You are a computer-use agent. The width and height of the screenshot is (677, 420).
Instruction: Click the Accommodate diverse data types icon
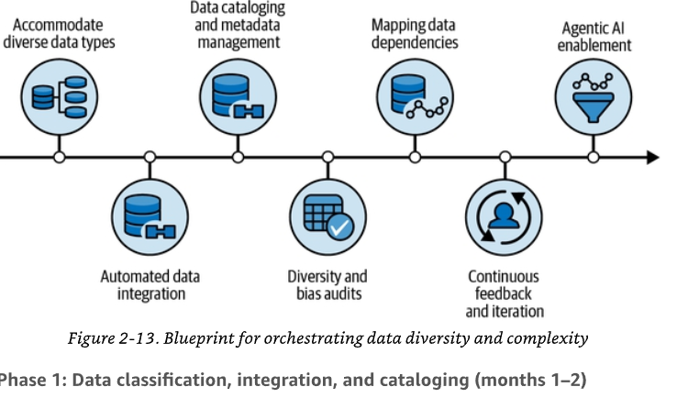[60, 97]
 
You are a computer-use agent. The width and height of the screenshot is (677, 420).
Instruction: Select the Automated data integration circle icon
[150, 217]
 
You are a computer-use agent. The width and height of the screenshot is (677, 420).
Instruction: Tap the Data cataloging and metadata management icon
[238, 97]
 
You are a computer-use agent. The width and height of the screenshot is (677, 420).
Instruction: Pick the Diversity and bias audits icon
[328, 217]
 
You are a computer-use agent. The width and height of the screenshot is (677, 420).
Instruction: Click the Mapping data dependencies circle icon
[415, 97]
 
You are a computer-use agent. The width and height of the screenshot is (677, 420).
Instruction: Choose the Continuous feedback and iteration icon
[504, 217]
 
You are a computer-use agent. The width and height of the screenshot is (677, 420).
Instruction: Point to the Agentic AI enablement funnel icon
[594, 97]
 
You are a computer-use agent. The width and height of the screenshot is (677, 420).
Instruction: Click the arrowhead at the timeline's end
[653, 157]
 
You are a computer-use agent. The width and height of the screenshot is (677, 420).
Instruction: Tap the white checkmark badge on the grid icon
[340, 227]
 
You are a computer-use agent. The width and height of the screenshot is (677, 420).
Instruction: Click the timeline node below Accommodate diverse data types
[60, 157]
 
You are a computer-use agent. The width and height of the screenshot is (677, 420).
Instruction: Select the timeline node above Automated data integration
[150, 157]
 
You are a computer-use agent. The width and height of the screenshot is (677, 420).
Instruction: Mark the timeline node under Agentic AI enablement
[594, 157]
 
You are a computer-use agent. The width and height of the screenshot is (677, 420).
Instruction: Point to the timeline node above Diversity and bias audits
[328, 157]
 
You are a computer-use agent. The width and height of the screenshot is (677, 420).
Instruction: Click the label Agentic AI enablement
[594, 37]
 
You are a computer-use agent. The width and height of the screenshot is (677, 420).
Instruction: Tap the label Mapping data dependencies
[415, 34]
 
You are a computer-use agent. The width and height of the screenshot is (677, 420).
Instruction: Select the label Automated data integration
[150, 285]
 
